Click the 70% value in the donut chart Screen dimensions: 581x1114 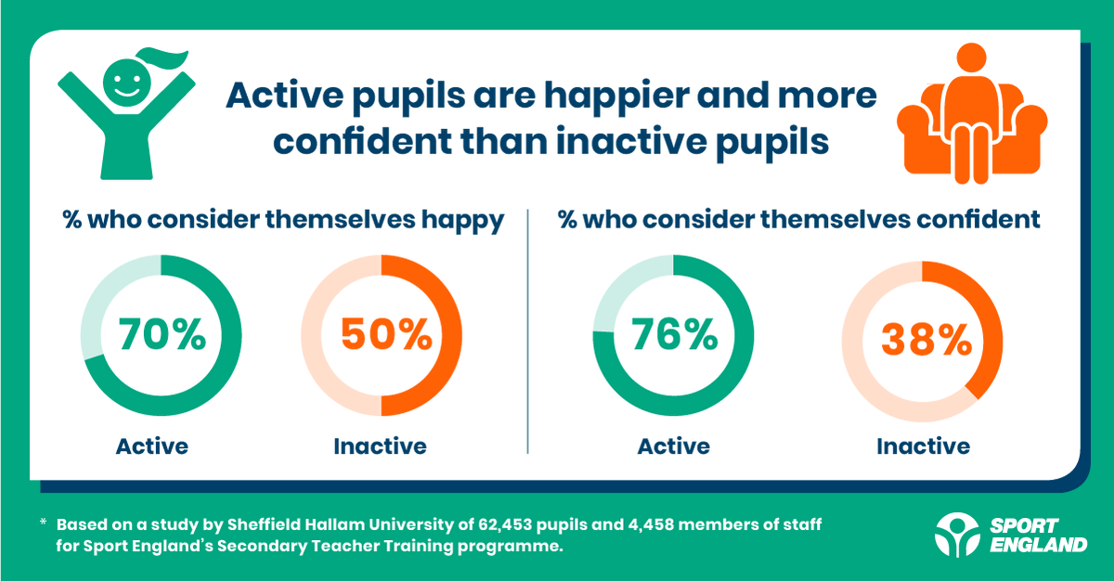(162, 335)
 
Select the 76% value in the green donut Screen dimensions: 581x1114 (673, 335)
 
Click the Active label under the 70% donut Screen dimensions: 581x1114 (151, 445)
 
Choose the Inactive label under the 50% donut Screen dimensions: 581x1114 (380, 445)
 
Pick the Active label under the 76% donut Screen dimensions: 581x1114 (673, 445)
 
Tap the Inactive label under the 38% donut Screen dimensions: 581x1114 (923, 445)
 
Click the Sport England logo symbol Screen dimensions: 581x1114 (955, 533)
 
